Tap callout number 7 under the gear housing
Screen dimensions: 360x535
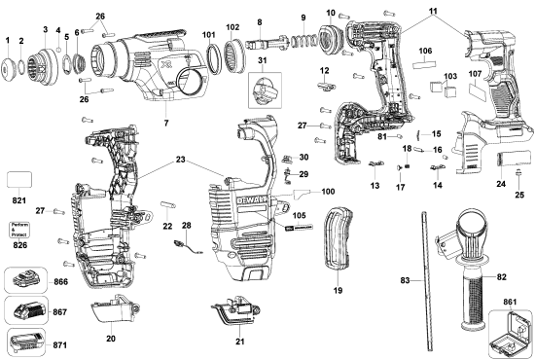tap(166, 125)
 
